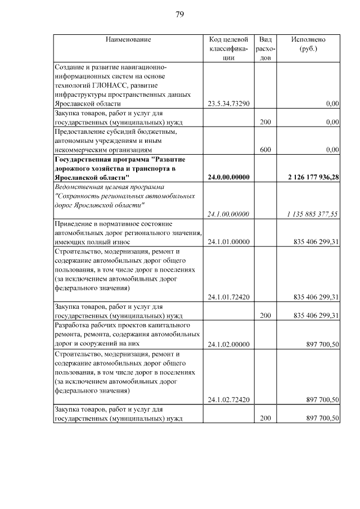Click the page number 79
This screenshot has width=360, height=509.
(180, 14)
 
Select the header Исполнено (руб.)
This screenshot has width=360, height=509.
(308, 44)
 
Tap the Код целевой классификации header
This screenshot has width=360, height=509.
(228, 48)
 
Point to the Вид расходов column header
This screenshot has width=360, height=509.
(265, 48)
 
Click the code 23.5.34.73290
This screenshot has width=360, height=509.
(228, 103)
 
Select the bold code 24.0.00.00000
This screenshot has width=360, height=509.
(228, 177)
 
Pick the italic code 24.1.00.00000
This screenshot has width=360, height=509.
(228, 214)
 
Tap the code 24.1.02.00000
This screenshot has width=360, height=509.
(228, 344)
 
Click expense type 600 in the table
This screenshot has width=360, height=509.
(265, 150)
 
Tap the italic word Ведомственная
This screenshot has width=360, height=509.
(79, 187)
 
